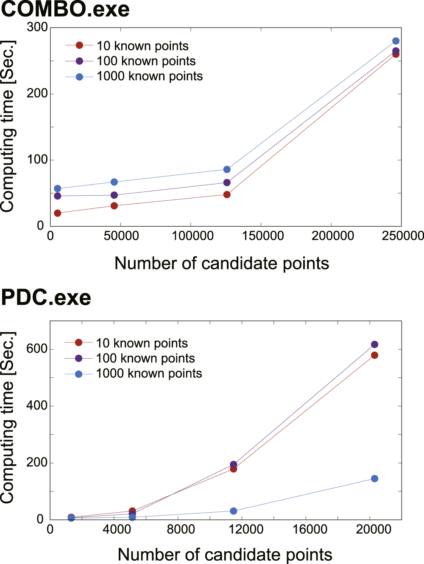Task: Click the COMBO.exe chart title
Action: pyautogui.click(x=65, y=9)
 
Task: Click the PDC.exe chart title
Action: pyautogui.click(x=46, y=297)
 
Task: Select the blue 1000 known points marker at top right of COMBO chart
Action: pyautogui.click(x=396, y=41)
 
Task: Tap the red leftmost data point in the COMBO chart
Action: pyautogui.click(x=57, y=213)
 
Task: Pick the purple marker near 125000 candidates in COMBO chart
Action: pyautogui.click(x=227, y=182)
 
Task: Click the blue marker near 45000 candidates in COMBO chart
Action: pyautogui.click(x=114, y=182)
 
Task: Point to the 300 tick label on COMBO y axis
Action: pyautogui.click(x=37, y=27)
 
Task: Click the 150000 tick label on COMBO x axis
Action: pyautogui.click(x=262, y=236)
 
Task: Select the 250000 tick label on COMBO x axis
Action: pyautogui.click(x=402, y=236)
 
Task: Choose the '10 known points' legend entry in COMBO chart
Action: pyautogui.click(x=142, y=46)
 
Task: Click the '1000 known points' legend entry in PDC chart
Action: pyautogui.click(x=148, y=373)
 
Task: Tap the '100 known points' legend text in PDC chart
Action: pyautogui.click(x=145, y=359)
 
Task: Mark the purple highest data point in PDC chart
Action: pyautogui.click(x=374, y=345)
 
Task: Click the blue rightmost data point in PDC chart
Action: pyautogui.click(x=374, y=479)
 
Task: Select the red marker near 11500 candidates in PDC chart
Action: pyautogui.click(x=233, y=469)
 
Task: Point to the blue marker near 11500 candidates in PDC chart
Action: pyautogui.click(x=233, y=511)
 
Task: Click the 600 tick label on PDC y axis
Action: pyautogui.click(x=36, y=349)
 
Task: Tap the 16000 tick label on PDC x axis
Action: pyautogui.click(x=310, y=529)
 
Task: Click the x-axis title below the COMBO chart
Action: pyautogui.click(x=221, y=264)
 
